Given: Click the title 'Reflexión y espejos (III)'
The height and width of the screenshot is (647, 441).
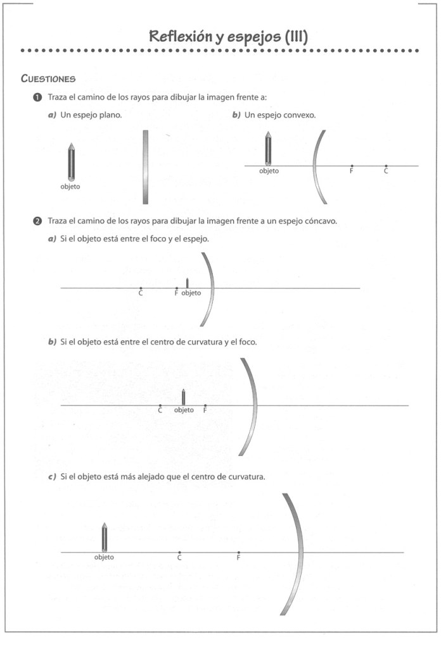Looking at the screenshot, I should pos(228,37).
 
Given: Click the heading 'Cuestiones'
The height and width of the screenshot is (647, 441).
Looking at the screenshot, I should pos(48,79).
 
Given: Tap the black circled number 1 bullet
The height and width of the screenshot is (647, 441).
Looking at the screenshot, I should pos(37,97).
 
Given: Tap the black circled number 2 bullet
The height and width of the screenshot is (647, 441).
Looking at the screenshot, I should pos(37,221).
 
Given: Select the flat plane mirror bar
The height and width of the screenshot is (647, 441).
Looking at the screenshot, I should pos(145,167).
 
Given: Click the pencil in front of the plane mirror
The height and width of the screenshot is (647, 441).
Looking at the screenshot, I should pos(70,162).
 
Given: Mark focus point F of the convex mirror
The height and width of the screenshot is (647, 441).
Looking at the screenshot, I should pos(352,166).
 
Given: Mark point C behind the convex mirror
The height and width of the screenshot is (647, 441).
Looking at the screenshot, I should pos(386,166).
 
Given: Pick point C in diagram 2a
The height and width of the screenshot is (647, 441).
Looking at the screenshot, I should pos(141,288).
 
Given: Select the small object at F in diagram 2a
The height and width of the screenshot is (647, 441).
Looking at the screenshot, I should pos(187,283).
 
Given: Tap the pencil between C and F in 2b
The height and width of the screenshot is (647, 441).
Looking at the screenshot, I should pos(183,397).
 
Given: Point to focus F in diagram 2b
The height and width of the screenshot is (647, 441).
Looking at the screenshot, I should pos(205,405).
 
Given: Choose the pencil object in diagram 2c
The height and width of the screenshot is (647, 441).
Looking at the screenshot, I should pos(104,538).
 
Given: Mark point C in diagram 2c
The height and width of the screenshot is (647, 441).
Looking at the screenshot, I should pos(179,552).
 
